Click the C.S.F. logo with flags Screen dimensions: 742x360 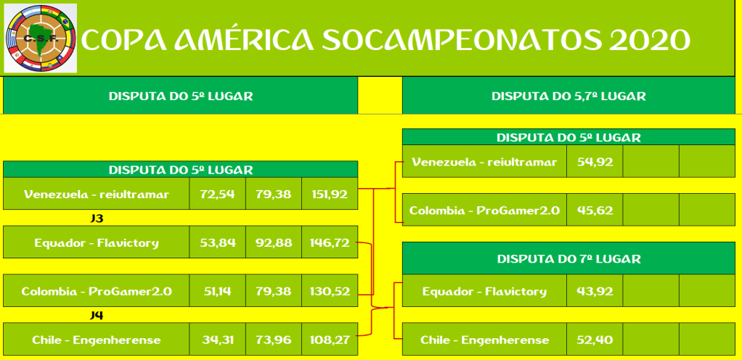[x=40, y=38]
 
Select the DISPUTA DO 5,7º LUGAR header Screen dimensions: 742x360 [x=568, y=96]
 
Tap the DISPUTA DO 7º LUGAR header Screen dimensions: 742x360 [x=568, y=259]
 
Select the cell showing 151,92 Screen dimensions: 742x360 [x=330, y=194]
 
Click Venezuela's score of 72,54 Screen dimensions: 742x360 [x=217, y=194]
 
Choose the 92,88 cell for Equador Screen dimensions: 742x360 [x=274, y=242]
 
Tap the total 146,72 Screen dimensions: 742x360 [x=330, y=242]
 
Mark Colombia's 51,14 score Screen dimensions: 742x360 [x=217, y=291]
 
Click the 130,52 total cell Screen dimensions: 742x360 [x=330, y=291]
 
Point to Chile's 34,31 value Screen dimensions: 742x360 [x=217, y=340]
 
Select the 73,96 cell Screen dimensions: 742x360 [x=274, y=340]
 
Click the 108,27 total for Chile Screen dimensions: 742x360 [x=330, y=340]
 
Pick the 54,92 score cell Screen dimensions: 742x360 [x=595, y=161]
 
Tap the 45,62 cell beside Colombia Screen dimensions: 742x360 [x=595, y=210]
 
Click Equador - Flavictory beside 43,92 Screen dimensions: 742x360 [x=484, y=291]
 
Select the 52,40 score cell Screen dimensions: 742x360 [x=595, y=340]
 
